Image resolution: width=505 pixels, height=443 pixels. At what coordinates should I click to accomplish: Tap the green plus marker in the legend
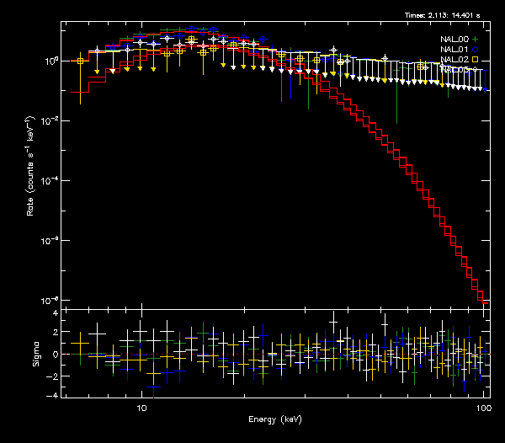(x=476, y=39)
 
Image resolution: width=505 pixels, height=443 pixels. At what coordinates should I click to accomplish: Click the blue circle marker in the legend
(x=476, y=50)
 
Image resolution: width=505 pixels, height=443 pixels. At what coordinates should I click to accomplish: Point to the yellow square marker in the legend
(x=476, y=60)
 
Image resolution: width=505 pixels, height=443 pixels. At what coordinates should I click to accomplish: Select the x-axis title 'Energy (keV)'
(x=275, y=419)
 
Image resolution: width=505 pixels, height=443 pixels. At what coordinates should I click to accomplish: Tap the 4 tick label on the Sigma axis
(x=55, y=313)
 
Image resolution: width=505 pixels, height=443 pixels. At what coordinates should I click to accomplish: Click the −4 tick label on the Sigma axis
(x=52, y=395)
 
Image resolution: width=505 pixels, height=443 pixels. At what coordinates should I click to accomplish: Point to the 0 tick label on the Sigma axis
(x=55, y=355)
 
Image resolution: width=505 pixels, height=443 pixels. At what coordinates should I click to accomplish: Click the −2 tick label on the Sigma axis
(x=52, y=375)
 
